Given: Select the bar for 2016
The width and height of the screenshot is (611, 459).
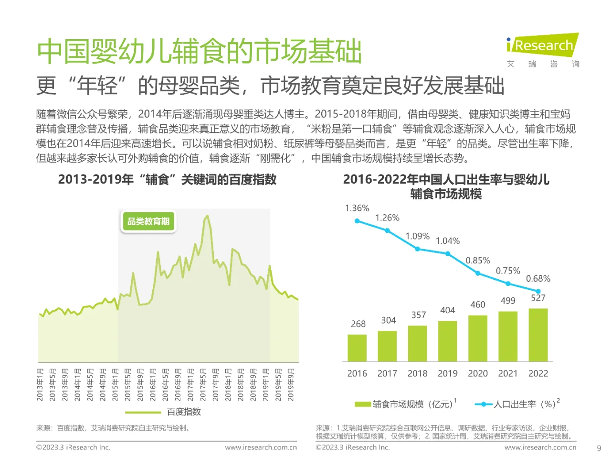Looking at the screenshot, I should (357, 348).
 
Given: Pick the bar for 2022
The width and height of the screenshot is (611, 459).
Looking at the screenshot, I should (538, 335).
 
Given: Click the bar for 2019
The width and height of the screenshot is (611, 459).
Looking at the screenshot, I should (447, 340).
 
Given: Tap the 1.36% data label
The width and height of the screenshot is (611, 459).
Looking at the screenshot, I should (357, 208).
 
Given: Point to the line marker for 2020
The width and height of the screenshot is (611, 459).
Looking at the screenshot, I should (478, 273).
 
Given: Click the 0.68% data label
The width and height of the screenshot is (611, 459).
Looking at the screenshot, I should (538, 279).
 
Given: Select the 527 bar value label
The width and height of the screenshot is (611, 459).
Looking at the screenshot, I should (538, 298).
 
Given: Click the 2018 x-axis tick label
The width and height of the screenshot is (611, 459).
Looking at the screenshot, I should (417, 373).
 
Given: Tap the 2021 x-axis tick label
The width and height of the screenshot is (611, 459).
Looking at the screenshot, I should (508, 373).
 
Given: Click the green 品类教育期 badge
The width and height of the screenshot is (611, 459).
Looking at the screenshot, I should (148, 221).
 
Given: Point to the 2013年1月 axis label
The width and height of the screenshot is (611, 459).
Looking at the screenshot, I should (40, 384).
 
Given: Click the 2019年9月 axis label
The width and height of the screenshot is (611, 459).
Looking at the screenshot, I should (291, 384).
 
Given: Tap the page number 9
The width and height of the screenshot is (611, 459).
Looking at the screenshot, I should (599, 448).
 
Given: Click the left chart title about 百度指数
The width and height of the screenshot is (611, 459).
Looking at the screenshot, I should (167, 180).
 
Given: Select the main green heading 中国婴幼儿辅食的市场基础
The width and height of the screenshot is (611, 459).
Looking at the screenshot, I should (200, 52).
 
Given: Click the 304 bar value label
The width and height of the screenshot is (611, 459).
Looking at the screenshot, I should (388, 320).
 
